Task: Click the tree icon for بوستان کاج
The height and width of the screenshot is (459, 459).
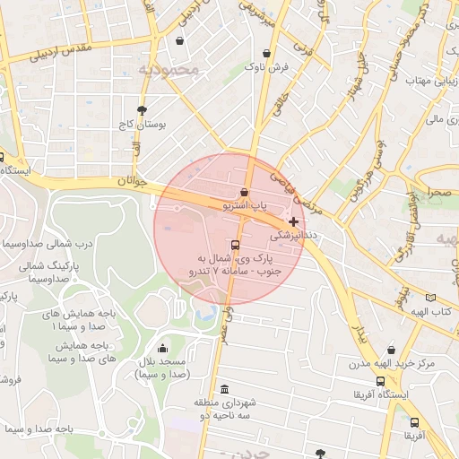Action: pos(142,109)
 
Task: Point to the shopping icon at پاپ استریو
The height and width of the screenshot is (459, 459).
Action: pos(244,192)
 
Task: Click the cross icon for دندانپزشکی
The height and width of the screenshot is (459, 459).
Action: pos(293,221)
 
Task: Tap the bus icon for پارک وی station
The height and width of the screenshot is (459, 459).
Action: pos(235,245)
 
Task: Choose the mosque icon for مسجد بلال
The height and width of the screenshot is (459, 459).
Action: pos(162,349)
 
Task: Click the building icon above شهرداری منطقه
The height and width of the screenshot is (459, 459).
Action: pos(223,389)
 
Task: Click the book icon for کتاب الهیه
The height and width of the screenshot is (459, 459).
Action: pos(431,298)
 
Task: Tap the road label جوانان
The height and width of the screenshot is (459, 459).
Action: pos(129,182)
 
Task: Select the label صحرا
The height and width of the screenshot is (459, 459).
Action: pos(439,192)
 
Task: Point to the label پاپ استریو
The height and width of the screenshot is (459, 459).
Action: pos(244,207)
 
